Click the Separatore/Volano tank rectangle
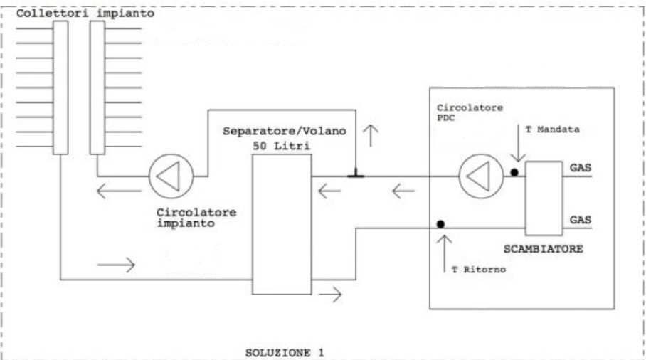coord(282,223)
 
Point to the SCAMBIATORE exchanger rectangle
coord(543,197)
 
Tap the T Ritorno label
coord(474,270)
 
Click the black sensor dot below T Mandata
coord(514,173)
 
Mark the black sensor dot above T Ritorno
coord(441,224)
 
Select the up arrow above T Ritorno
coord(446,248)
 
